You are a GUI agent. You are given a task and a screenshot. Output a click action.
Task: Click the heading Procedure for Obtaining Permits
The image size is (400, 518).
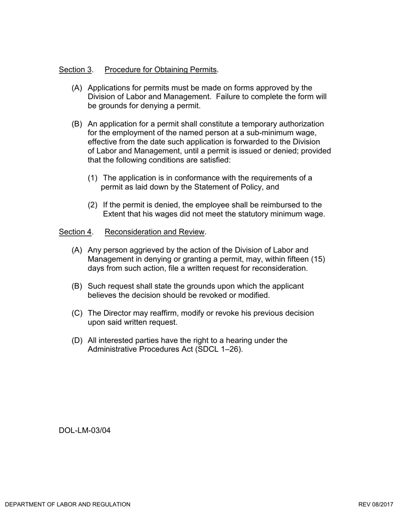[160, 69]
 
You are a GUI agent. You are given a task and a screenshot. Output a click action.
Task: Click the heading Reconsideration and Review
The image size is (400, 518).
[155, 232]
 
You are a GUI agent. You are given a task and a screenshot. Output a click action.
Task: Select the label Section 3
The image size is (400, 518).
[75, 69]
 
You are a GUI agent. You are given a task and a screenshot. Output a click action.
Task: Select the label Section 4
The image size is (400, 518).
[75, 232]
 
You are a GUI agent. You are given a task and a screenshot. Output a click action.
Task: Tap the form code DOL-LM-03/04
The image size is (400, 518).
[85, 430]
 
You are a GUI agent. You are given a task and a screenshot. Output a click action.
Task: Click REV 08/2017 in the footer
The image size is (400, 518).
[376, 505]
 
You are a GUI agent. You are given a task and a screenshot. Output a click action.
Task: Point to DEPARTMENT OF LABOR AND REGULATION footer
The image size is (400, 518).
[68, 505]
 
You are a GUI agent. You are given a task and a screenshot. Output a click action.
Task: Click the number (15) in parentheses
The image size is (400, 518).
[318, 259]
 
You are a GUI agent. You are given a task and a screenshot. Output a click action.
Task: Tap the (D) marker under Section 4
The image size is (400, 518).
[77, 340]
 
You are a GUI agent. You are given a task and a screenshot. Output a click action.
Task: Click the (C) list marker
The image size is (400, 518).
[77, 313]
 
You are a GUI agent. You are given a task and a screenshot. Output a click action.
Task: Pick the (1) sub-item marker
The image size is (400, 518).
[93, 178]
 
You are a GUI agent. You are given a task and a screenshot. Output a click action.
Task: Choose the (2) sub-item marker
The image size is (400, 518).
[93, 205]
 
